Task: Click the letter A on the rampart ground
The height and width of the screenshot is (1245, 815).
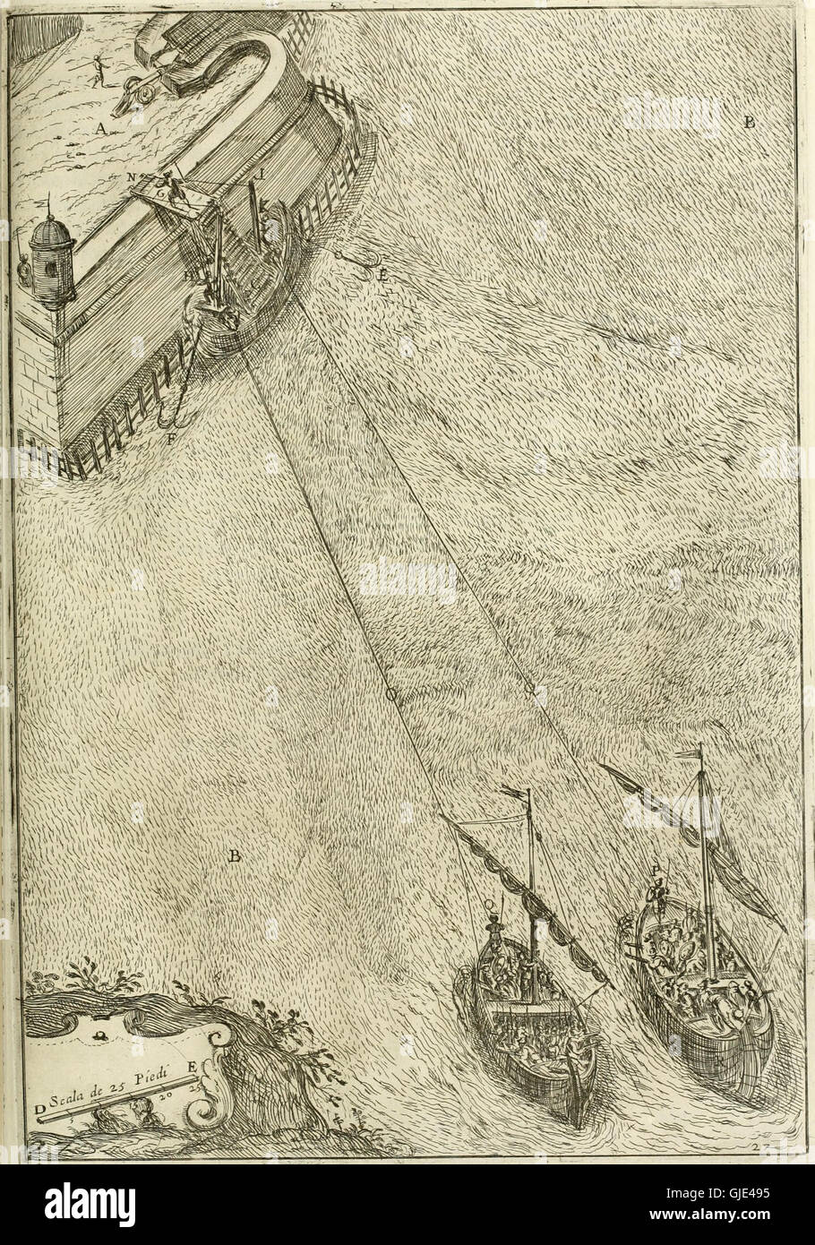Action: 101,129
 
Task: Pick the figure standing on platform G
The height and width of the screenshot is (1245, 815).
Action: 177,189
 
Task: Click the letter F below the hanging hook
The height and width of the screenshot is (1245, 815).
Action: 171,439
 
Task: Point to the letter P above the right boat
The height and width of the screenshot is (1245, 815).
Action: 656,869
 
